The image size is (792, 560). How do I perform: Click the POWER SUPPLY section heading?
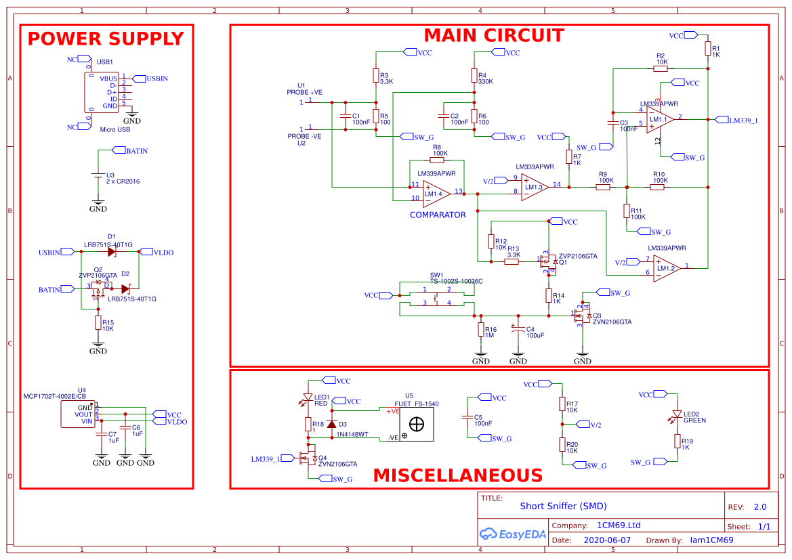(x=106, y=39)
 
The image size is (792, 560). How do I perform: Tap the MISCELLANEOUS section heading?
(x=458, y=475)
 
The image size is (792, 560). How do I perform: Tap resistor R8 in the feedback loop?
(x=437, y=160)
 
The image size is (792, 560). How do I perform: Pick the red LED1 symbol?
(x=308, y=398)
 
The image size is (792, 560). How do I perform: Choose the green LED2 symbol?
(x=677, y=414)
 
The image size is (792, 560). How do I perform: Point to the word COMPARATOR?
(x=438, y=215)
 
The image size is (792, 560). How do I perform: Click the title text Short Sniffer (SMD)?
(x=563, y=506)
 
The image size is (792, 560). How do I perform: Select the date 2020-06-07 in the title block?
(x=606, y=540)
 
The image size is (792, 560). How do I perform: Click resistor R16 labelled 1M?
(x=481, y=330)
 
